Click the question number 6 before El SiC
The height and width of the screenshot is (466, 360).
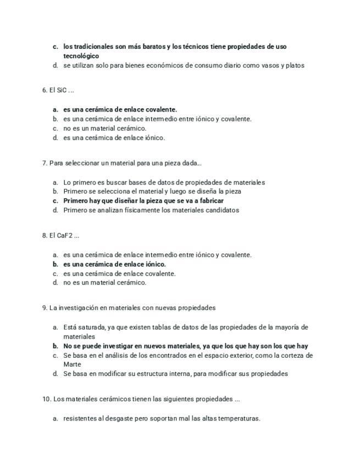click(45, 90)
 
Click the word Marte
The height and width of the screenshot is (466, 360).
click(72, 364)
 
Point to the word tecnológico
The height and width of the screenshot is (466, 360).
click(81, 56)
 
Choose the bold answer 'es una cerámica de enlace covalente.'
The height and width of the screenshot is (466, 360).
click(120, 109)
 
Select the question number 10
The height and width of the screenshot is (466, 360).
click(46, 399)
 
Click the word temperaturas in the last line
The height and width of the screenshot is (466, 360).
click(238, 418)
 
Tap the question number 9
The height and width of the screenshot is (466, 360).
click(45, 308)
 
